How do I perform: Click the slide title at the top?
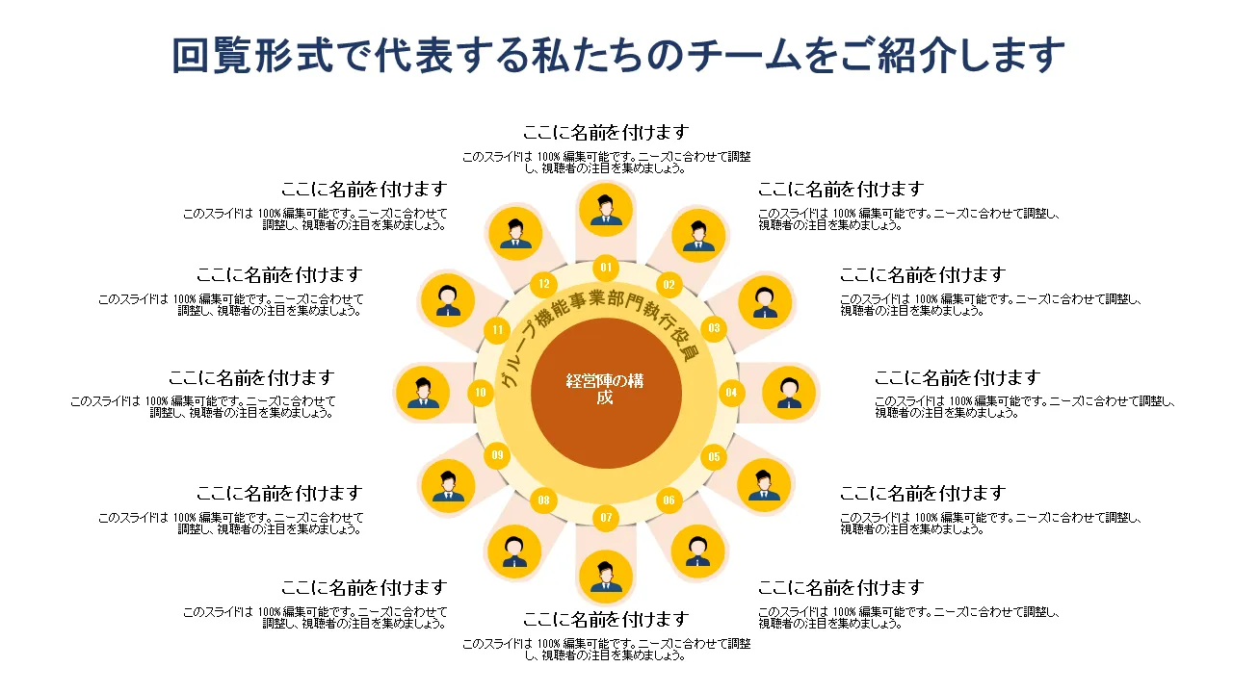pos(617,56)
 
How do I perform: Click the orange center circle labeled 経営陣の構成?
pos(606,393)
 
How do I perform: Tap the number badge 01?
pos(606,268)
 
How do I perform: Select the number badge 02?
pos(669,284)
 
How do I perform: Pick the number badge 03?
pos(714,328)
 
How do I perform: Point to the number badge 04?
pos(731,393)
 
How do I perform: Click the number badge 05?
pos(714,457)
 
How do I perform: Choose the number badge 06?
pos(669,500)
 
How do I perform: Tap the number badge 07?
pos(606,518)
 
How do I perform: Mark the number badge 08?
pos(544,500)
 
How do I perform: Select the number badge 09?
pos(498,455)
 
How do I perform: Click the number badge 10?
pos(481,393)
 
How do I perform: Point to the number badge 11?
pos(498,330)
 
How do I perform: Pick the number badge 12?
pos(544,284)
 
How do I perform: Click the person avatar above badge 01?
pos(606,210)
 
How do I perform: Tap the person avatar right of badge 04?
pos(789,393)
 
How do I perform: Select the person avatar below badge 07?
pos(606,577)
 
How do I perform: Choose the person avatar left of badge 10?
pos(423,393)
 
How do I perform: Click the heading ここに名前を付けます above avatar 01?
pos(606,133)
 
